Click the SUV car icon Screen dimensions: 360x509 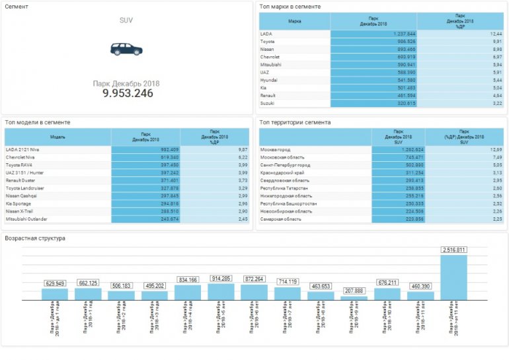click(x=126, y=49)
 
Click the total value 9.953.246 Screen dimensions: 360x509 click(x=128, y=94)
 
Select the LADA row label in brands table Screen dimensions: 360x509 click(x=266, y=34)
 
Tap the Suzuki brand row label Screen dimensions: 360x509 click(x=268, y=103)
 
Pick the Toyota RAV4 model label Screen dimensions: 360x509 click(x=23, y=165)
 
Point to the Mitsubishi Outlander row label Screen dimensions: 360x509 click(x=30, y=219)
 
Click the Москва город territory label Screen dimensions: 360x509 click(x=277, y=149)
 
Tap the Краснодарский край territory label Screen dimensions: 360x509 click(x=282, y=172)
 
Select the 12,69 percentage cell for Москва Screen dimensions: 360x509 click(x=495, y=149)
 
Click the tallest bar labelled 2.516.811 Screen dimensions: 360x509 click(x=453, y=277)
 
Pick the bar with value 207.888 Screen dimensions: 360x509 click(x=354, y=298)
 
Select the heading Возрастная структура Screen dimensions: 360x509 click(x=35, y=238)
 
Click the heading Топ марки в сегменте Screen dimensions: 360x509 click(x=290, y=7)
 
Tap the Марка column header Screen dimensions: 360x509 click(x=294, y=21)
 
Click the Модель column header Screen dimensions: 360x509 click(x=58, y=137)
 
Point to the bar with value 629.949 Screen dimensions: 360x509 click(x=55, y=294)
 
